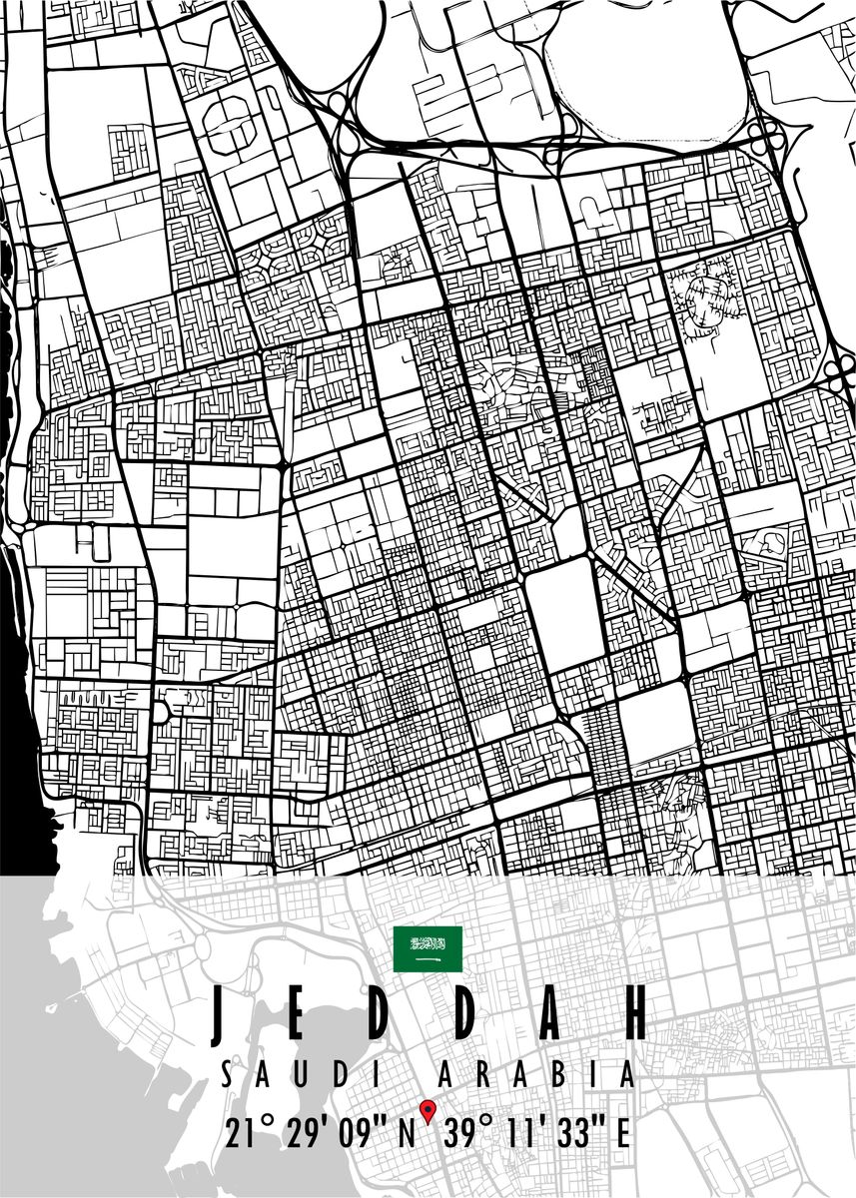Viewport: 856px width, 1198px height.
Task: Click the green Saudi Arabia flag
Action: [428, 949]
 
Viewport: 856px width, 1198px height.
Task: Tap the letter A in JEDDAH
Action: [550, 1014]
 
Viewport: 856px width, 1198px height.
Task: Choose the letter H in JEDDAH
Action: [632, 1014]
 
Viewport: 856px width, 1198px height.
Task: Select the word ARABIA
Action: [537, 1074]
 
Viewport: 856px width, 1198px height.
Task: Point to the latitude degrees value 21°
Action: [250, 1134]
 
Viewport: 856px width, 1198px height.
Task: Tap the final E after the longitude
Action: [622, 1134]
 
